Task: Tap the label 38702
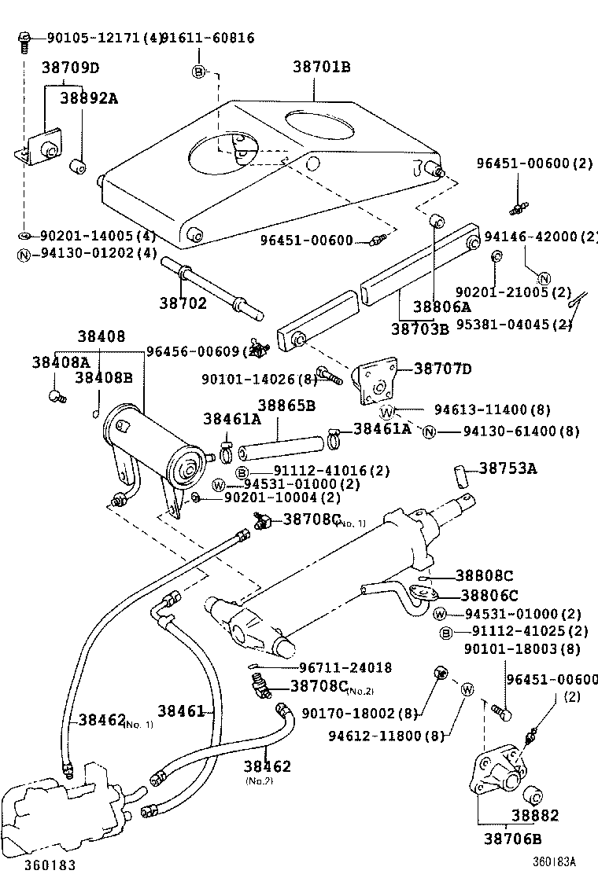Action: pyautogui.click(x=183, y=303)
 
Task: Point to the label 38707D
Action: pyautogui.click(x=443, y=369)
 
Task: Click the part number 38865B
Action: pyautogui.click(x=286, y=406)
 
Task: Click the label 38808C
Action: pyautogui.click(x=486, y=576)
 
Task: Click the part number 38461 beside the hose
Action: pyautogui.click(x=181, y=711)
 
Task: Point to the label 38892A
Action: pyautogui.click(x=90, y=99)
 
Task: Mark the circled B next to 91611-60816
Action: pyautogui.click(x=198, y=72)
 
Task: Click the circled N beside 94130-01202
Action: pyautogui.click(x=24, y=253)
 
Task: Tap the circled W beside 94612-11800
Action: pyautogui.click(x=467, y=690)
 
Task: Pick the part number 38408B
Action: pyautogui.click(x=104, y=377)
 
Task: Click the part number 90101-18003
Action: pyautogui.click(x=522, y=648)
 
